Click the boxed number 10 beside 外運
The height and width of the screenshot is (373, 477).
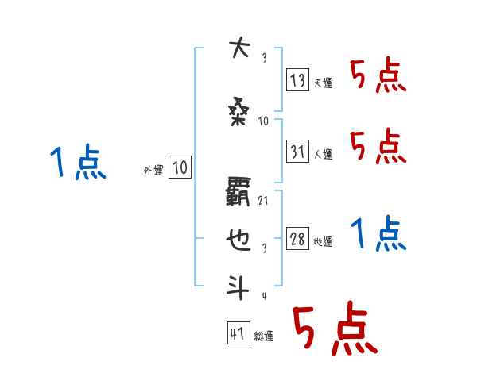180,167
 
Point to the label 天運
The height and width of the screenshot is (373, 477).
323,83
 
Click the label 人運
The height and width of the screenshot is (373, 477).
323,153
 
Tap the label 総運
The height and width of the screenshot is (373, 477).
264,336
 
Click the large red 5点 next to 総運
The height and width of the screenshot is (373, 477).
334,331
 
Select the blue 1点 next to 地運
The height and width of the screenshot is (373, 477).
378,233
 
